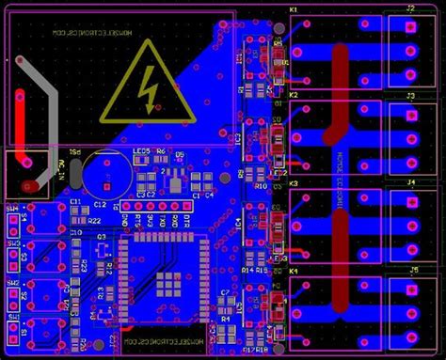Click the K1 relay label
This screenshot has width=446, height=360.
pyautogui.click(x=294, y=9)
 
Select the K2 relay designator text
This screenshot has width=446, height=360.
pyautogui.click(x=294, y=96)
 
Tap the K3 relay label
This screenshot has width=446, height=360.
pyautogui.click(x=294, y=183)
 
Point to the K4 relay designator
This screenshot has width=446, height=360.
pyautogui.click(x=294, y=271)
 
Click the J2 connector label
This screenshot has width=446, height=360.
pyautogui.click(x=410, y=8)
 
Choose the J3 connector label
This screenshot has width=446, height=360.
pyautogui.click(x=410, y=96)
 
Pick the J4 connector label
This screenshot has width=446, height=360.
pyautogui.click(x=410, y=182)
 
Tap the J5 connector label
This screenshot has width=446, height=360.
pyautogui.click(x=410, y=270)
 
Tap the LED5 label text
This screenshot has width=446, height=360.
pyautogui.click(x=142, y=151)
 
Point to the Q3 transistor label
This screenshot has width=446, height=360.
pyautogui.click(x=102, y=237)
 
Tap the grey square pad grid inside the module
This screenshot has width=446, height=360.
pyautogui.click(x=169, y=277)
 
